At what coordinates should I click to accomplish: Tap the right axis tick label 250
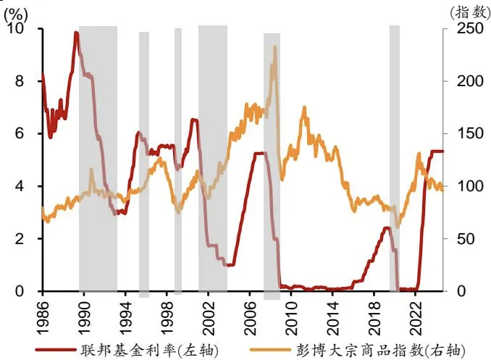click(x=460, y=29)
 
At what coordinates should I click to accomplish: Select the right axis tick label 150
click(x=460, y=134)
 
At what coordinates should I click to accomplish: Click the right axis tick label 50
click(x=457, y=239)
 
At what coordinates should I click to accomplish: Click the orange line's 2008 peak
click(x=274, y=47)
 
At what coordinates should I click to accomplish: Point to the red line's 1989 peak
click(x=76, y=33)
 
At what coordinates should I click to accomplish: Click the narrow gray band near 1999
click(x=178, y=159)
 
